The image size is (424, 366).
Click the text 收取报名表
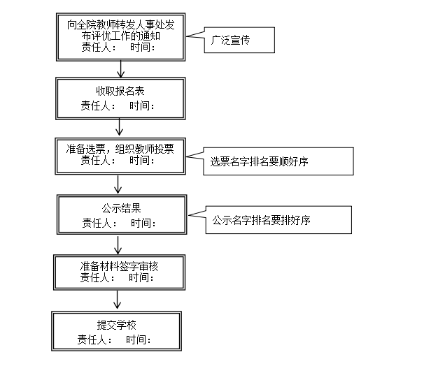[120, 91]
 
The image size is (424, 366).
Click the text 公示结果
[122, 208]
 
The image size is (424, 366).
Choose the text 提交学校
[117, 325]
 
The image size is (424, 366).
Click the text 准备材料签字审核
[119, 266]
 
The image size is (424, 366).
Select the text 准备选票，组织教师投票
[120, 149]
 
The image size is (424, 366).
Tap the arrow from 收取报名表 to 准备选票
[119, 127]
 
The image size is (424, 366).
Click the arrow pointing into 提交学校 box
[117, 300]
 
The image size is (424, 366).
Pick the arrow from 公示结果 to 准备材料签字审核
[118, 244]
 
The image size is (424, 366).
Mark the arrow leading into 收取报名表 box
[120, 69]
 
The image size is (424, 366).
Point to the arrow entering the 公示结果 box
[118, 184]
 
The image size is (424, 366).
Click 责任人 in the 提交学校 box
[92, 339]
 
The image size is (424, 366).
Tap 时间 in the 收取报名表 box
[139, 105]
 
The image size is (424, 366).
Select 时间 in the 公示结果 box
[141, 223]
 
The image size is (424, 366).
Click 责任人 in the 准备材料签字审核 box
[94, 277]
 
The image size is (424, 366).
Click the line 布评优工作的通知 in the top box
[120, 36]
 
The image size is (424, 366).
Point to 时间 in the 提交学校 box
[136, 339]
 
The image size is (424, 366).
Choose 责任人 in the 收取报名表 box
[95, 105]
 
